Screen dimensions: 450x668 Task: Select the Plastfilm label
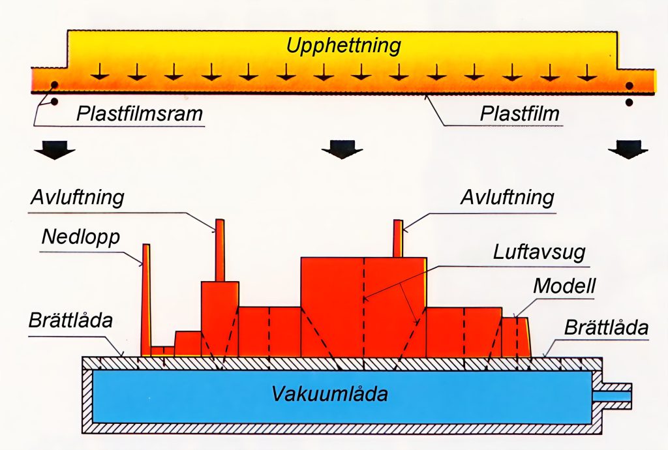(519, 114)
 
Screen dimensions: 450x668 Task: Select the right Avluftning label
(508, 197)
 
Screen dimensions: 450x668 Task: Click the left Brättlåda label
(70, 321)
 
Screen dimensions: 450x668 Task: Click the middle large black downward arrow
(342, 149)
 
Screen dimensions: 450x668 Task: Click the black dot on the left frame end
(54, 85)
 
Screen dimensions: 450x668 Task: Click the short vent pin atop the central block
(398, 238)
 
